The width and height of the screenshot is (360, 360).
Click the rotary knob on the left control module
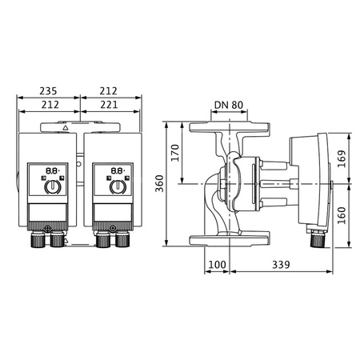tap(52, 187)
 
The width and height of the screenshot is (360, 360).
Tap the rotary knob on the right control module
tap(117, 187)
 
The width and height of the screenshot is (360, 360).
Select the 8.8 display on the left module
tap(50, 170)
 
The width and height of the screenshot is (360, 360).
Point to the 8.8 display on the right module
tap(116, 170)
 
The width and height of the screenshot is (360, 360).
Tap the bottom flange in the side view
tap(229, 239)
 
